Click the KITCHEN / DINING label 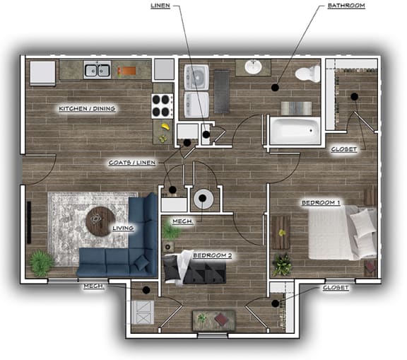point(87,109)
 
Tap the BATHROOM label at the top point(347,6)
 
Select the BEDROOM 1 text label point(321,203)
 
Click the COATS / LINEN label point(131,163)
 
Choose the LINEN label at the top point(160,6)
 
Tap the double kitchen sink point(97,69)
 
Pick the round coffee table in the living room point(99,222)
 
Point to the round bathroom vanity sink point(254,67)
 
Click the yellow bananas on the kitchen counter point(164,129)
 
